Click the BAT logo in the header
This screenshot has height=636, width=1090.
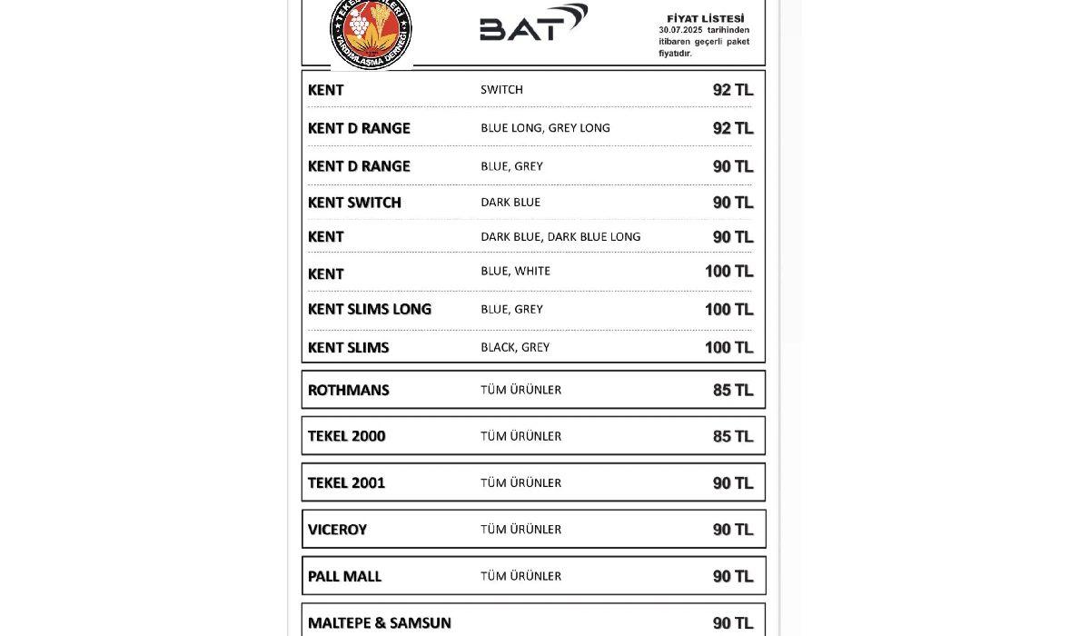click(533, 24)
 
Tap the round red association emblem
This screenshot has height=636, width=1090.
click(371, 31)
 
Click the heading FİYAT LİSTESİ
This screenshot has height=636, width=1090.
click(705, 18)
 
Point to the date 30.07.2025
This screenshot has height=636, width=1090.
click(680, 30)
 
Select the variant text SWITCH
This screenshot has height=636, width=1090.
click(501, 90)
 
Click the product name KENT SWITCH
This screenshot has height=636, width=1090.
click(354, 203)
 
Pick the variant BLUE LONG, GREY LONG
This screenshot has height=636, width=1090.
click(545, 128)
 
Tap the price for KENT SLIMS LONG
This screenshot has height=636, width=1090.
click(728, 310)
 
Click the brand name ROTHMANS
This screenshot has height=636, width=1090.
click(348, 391)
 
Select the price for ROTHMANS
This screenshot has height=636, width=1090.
click(733, 391)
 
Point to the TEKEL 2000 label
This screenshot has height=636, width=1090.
click(346, 436)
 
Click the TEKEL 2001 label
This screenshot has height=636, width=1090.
click(346, 483)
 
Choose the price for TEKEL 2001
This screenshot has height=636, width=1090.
click(733, 483)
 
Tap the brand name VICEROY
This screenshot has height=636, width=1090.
click(337, 530)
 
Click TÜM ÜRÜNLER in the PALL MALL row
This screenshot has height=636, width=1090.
click(520, 576)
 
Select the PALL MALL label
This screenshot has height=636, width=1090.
click(344, 577)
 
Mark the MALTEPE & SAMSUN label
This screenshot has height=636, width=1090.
click(379, 623)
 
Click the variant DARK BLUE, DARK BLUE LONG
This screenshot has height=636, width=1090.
click(560, 237)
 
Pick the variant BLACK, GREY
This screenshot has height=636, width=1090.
click(515, 347)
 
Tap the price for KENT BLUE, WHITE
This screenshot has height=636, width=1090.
click(728, 272)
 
